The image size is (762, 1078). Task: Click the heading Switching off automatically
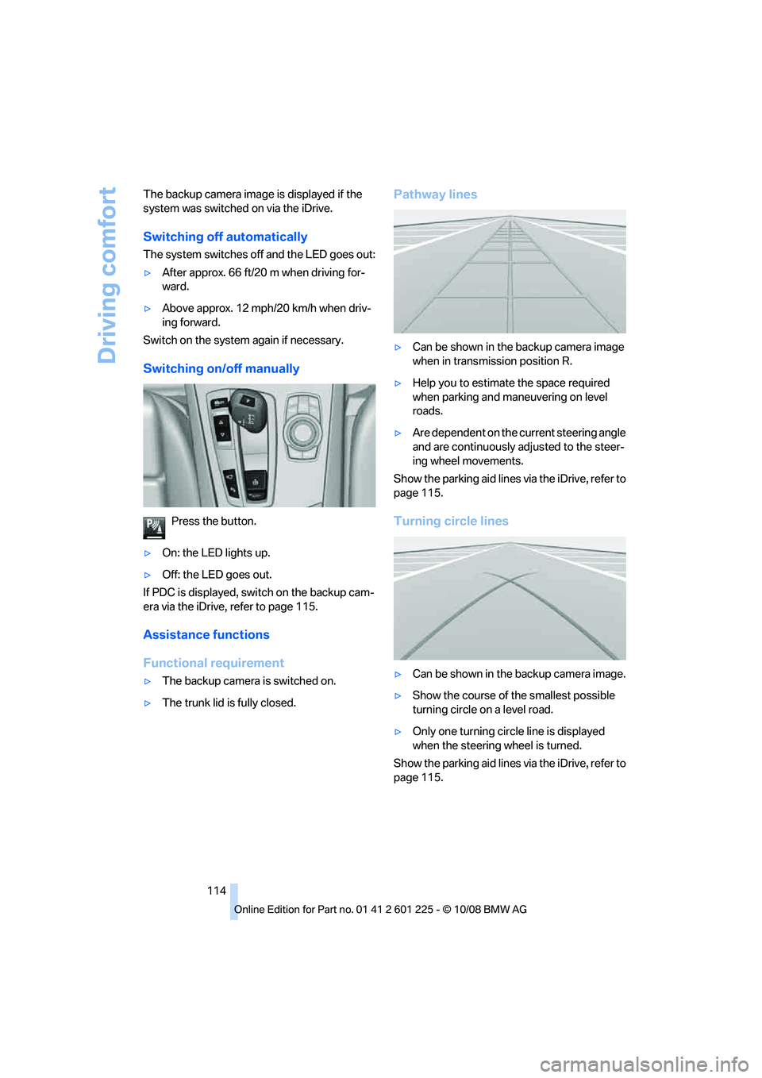click(225, 237)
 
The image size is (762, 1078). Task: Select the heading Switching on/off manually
click(221, 368)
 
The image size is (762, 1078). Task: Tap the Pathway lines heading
click(435, 194)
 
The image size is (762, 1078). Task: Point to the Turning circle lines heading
click(451, 521)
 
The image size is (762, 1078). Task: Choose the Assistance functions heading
click(206, 635)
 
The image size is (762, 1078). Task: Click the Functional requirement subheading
click(214, 663)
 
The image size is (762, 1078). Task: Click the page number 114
click(217, 891)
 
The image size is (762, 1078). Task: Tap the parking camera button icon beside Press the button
click(154, 527)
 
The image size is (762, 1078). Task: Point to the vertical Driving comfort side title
click(107, 275)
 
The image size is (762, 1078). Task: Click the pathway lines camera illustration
click(510, 271)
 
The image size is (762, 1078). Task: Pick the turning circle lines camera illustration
click(510, 598)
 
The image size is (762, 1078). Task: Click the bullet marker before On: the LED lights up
click(148, 553)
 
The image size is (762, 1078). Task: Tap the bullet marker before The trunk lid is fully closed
click(148, 703)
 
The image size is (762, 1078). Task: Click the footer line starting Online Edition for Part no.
click(380, 910)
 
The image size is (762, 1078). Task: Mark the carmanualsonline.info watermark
click(644, 1064)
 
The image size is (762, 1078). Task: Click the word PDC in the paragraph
click(164, 592)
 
